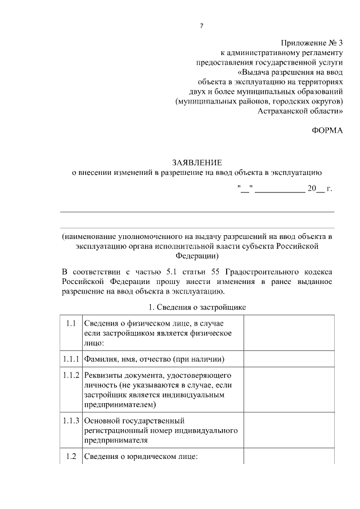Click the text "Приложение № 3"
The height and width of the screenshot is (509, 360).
[312, 43]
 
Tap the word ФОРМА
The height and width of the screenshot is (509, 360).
[327, 130]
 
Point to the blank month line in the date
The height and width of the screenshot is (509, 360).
[280, 190]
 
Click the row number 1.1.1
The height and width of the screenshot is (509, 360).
[70, 358]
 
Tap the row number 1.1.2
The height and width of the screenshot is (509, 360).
[70, 375]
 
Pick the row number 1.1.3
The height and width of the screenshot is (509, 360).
[70, 420]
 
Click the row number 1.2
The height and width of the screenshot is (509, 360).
[70, 456]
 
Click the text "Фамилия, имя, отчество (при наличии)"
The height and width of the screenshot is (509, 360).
[155, 359]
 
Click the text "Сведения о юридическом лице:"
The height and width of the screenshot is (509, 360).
[141, 457]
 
